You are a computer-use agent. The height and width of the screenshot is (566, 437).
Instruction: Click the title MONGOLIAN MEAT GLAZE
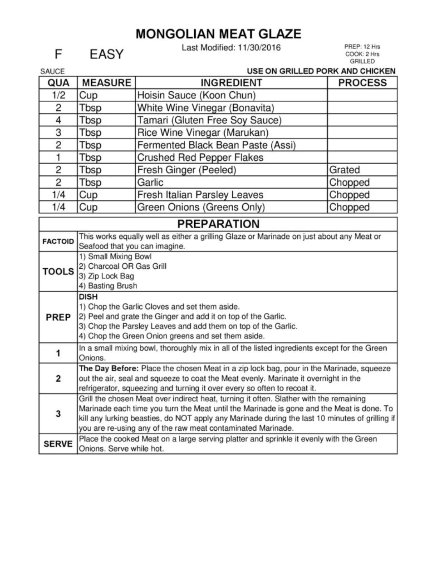pos(218,34)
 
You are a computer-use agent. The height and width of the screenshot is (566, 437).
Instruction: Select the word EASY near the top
pos(106,54)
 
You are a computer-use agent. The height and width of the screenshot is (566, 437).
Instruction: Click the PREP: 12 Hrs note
pos(362,46)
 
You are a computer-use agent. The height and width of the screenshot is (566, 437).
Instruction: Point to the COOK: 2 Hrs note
pos(362,54)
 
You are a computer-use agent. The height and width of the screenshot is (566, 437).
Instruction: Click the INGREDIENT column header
pos(231,83)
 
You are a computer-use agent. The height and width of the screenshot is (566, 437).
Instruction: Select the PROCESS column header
pos(362,83)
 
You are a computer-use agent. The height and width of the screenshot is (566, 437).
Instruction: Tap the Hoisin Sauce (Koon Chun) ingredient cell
pos(196,95)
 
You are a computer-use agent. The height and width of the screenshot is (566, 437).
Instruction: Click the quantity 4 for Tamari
pos(58,120)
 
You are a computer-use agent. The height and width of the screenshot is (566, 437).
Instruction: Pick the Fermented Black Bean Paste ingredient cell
pos(216,145)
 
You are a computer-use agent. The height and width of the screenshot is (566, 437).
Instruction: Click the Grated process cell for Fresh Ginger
pos(345,170)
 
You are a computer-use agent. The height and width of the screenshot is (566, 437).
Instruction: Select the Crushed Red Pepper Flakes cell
pos(200,158)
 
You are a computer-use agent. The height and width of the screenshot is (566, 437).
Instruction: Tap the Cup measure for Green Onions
pos(88,207)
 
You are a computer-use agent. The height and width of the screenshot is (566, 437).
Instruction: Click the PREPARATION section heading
pos(218,224)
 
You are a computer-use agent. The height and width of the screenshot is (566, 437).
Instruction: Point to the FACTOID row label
pos(58,241)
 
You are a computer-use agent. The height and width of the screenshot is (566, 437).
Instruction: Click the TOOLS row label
pos(58,271)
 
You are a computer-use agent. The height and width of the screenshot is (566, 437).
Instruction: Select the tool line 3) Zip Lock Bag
pos(107,276)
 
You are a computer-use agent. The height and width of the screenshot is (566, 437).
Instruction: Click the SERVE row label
pos(58,444)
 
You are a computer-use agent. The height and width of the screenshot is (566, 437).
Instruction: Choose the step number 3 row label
pos(58,414)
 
